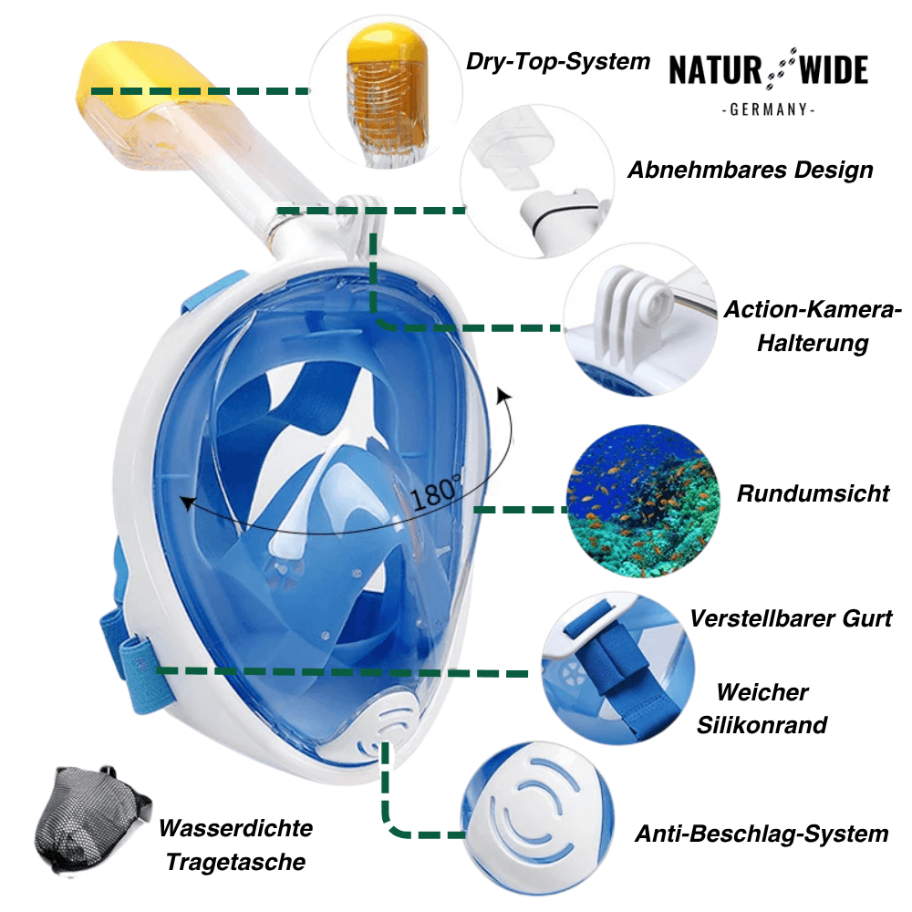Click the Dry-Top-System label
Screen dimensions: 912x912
[x=558, y=61]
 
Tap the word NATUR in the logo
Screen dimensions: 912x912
[x=715, y=70]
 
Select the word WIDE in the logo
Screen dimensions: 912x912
[x=834, y=70]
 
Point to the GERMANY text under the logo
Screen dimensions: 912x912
[x=768, y=109]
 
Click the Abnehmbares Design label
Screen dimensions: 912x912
[x=751, y=170]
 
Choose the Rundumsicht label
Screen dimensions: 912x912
[x=814, y=493]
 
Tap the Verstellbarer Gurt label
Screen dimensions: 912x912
[x=791, y=618]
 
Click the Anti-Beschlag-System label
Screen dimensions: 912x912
[x=762, y=834]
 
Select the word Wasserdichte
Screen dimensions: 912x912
[x=236, y=828]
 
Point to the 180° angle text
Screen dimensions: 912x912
[x=436, y=492]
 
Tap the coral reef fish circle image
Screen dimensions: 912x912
[x=643, y=501]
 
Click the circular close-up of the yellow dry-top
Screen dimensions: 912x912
[x=386, y=93]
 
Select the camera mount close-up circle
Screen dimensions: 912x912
[x=640, y=320]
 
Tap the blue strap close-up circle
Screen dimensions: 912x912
[x=618, y=668]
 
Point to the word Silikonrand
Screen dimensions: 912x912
[x=762, y=725]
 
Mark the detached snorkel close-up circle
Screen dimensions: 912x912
[x=537, y=181]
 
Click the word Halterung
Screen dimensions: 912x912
[x=814, y=343]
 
